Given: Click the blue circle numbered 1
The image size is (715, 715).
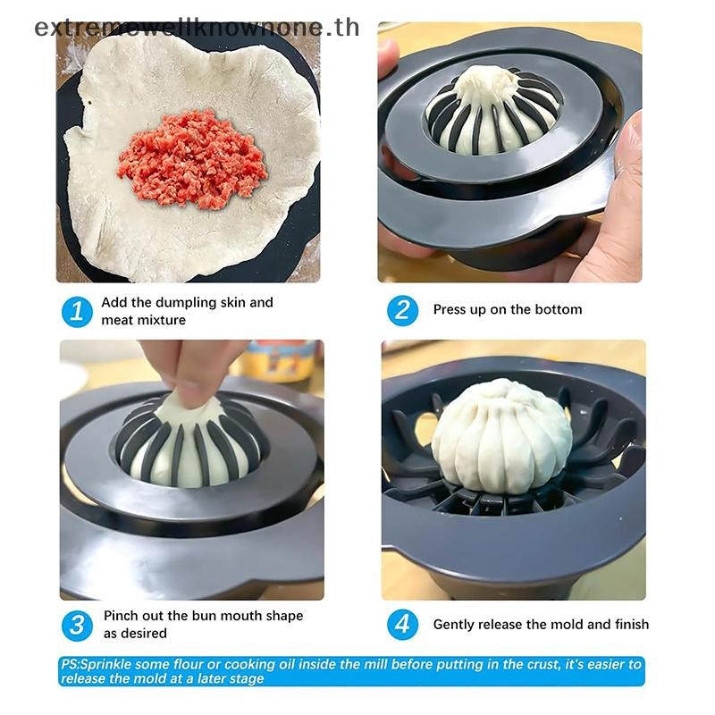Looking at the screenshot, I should tap(77, 311).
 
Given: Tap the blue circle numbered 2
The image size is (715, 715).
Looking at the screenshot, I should tap(402, 310).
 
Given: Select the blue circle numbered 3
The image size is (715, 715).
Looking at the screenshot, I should tap(77, 624).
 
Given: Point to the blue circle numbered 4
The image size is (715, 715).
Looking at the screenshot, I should tap(402, 624).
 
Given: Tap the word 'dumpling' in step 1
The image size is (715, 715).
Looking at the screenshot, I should tap(186, 302).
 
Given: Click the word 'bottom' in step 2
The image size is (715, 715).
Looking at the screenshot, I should tap(560, 309).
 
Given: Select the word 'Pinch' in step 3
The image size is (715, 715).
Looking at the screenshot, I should tap(121, 616).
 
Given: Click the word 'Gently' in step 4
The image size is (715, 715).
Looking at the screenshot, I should tap(454, 624).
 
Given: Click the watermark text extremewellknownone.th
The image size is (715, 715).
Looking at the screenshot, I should tap(197, 27).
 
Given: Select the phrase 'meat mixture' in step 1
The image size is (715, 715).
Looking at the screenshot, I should tap(143, 319).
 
